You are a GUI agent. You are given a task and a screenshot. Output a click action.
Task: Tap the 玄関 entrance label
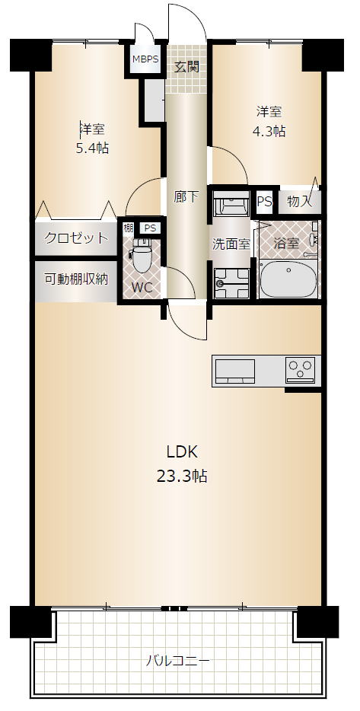(187, 67)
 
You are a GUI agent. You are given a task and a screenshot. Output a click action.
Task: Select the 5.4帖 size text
(92, 148)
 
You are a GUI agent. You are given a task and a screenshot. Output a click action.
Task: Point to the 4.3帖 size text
(269, 132)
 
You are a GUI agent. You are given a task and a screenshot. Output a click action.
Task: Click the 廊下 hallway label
(186, 197)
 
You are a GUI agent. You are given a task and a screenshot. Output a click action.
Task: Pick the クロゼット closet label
(76, 238)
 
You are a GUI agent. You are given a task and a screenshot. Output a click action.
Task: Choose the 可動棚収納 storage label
(76, 279)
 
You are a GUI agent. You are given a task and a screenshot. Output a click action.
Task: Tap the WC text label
(141, 288)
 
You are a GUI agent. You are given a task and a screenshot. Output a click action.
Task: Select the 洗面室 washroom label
(231, 244)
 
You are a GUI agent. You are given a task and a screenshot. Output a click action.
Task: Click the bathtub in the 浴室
(288, 278)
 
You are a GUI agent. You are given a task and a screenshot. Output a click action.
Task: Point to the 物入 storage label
(300, 202)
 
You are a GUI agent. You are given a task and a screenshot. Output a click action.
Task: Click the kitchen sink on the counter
(235, 371)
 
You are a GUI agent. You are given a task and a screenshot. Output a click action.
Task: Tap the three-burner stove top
(300, 369)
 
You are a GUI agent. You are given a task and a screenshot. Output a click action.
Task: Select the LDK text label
(182, 451)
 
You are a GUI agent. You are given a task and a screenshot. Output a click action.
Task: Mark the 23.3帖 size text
(182, 476)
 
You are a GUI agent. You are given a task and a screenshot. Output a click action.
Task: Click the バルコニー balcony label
(178, 661)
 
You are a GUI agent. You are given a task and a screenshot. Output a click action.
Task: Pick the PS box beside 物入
(265, 202)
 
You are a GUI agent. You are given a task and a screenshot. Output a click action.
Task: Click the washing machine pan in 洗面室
(231, 283)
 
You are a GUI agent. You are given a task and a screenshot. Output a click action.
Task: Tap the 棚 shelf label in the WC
(129, 228)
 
